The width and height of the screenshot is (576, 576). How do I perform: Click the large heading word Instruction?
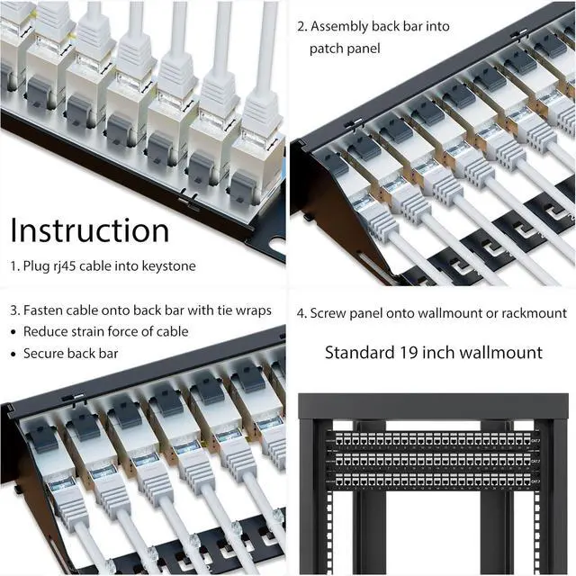tap(90, 230)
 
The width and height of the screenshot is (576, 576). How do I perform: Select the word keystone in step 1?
tap(167, 266)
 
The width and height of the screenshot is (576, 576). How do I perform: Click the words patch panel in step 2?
tap(345, 48)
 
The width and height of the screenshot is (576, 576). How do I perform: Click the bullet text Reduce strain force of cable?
tap(105, 332)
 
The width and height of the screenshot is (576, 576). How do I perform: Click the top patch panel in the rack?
tap(435, 441)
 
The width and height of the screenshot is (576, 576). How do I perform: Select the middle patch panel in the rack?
tap(435, 462)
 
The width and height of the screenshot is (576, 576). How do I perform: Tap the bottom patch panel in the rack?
tap(435, 481)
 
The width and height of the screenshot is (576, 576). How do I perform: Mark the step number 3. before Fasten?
tap(15, 310)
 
